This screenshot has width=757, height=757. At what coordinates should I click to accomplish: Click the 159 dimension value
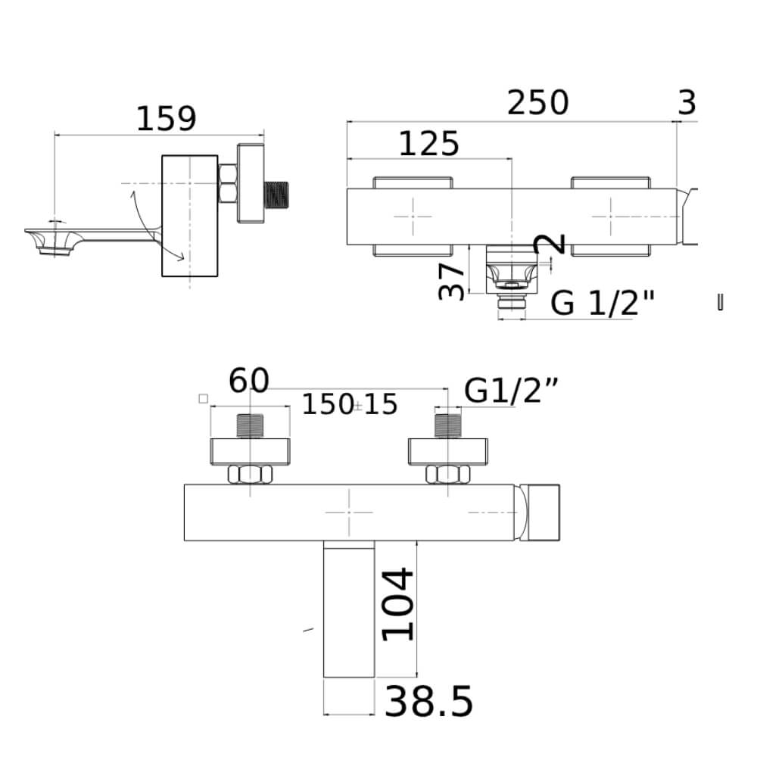pyautogui.click(x=167, y=119)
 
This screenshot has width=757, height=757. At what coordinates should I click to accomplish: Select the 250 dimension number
pyautogui.click(x=537, y=102)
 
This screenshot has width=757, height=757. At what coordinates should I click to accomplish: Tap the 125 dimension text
pyautogui.click(x=428, y=144)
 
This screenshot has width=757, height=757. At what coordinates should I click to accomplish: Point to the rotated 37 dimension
pyautogui.click(x=451, y=281)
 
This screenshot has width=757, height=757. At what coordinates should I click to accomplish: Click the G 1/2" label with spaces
pyautogui.click(x=603, y=304)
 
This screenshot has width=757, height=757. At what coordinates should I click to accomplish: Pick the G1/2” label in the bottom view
pyautogui.click(x=511, y=391)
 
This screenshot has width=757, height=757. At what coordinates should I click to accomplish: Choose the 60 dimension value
pyautogui.click(x=248, y=381)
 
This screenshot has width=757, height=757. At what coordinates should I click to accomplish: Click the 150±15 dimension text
pyautogui.click(x=350, y=404)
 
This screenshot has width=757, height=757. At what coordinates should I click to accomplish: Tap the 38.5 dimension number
pyautogui.click(x=428, y=702)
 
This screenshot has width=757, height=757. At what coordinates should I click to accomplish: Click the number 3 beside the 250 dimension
pyautogui.click(x=687, y=102)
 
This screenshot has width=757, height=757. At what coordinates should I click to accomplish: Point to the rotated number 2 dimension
pyautogui.click(x=550, y=243)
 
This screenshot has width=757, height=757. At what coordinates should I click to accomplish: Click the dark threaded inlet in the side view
pyautogui.click(x=276, y=195)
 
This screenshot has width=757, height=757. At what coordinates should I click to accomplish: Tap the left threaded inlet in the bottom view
pyautogui.click(x=250, y=425)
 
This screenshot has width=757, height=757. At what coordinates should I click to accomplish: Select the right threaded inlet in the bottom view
pyautogui.click(x=448, y=425)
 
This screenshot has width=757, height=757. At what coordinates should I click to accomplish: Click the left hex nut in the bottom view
pyautogui.click(x=250, y=474)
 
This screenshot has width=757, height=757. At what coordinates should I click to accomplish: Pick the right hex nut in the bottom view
pyautogui.click(x=447, y=474)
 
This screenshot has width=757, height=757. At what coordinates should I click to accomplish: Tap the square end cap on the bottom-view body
pyautogui.click(x=543, y=512)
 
